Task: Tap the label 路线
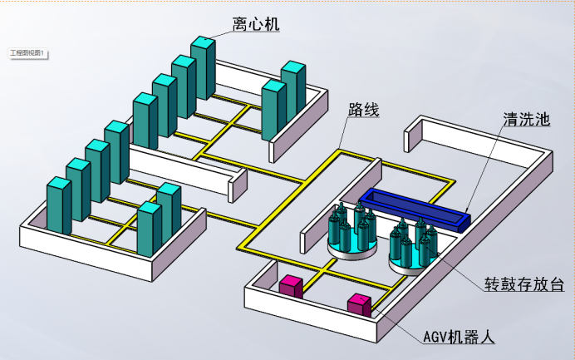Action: tap(364, 109)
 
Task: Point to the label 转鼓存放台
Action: tap(524, 284)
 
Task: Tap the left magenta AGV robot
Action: tap(291, 286)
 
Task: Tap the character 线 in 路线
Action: tap(372, 109)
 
